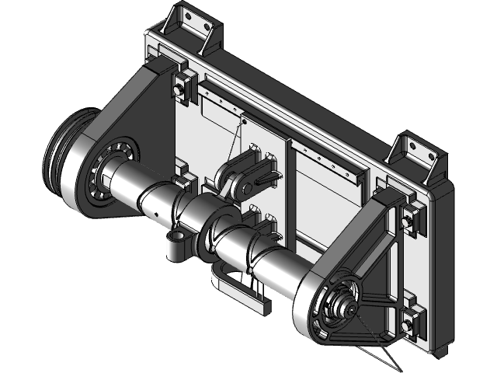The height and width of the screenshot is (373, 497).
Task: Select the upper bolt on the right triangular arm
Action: click(407, 220)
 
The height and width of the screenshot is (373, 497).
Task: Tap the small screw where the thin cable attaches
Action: click(243, 121)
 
